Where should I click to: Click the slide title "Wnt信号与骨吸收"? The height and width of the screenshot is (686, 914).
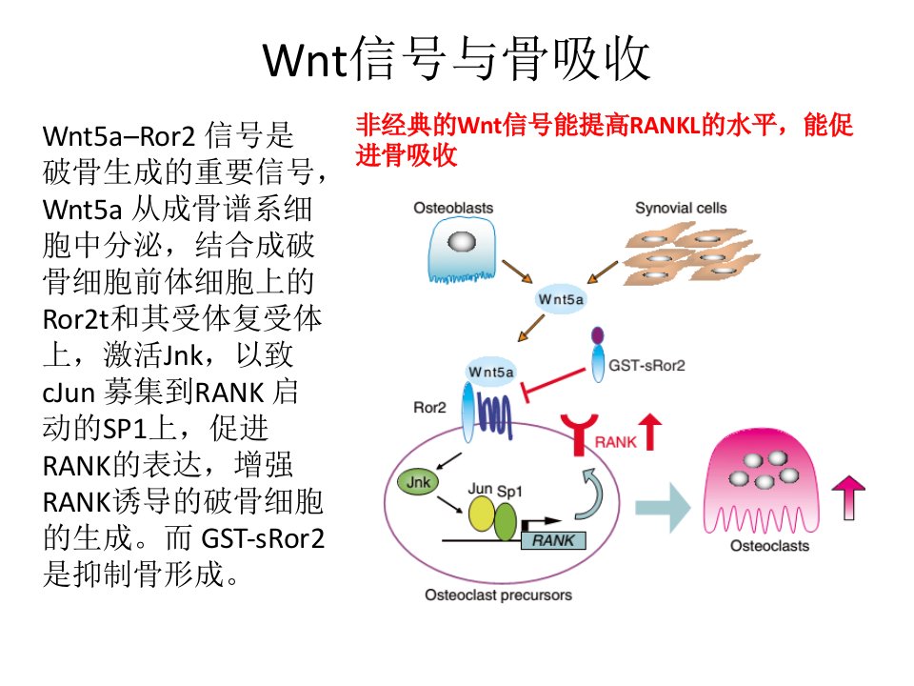(x=456, y=58)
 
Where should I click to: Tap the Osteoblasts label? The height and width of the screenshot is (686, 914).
(x=453, y=209)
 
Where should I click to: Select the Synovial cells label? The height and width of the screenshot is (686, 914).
(x=681, y=209)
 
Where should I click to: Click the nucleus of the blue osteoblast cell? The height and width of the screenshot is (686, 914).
(x=461, y=241)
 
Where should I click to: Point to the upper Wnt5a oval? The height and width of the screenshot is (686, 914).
(x=560, y=299)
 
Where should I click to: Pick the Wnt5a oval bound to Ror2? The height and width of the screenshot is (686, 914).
(x=491, y=372)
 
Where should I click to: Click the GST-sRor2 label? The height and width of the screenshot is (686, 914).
(x=646, y=366)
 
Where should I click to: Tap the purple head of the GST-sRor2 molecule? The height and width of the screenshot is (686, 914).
(x=598, y=335)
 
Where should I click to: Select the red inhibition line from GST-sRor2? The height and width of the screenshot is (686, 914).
(x=554, y=384)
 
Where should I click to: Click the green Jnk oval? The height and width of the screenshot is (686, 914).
(x=418, y=482)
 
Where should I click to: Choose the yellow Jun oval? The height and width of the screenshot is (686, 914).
(x=482, y=514)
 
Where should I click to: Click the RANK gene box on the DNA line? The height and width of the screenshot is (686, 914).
(x=554, y=541)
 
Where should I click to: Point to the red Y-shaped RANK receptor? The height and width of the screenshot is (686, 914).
(x=579, y=433)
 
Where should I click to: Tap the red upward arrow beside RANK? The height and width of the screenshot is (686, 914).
(x=650, y=431)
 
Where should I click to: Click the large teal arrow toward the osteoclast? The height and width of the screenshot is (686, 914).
(x=663, y=508)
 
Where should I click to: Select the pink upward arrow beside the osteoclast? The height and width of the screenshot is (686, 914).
(x=848, y=496)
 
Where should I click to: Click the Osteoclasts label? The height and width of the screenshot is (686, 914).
(x=769, y=546)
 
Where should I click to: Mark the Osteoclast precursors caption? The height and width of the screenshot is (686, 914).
(x=498, y=595)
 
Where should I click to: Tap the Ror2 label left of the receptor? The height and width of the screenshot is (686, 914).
(x=429, y=408)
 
